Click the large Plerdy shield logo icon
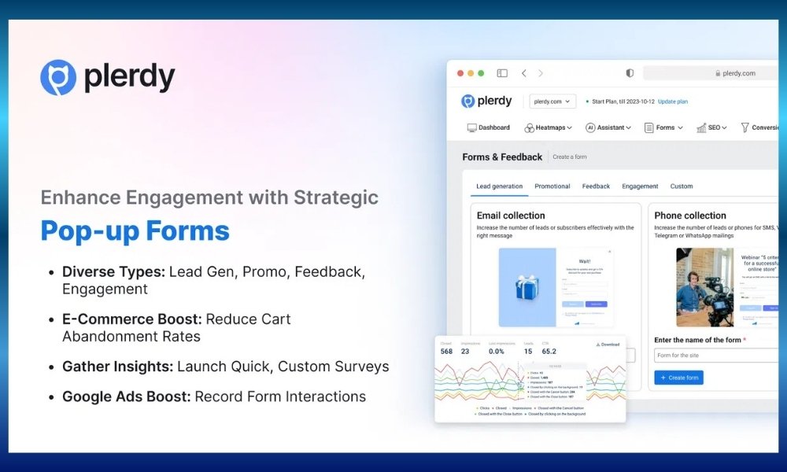(58, 78)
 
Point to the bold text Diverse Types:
(113, 271)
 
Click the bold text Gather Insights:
(117, 367)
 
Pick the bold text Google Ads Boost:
(126, 396)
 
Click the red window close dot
(460, 73)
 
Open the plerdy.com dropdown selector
(552, 101)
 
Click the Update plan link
(673, 101)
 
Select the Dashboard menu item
(489, 127)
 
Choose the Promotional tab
(552, 186)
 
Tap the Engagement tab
(640, 186)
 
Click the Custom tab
(682, 186)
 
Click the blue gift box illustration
(527, 287)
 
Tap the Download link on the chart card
(608, 344)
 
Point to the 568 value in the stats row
(446, 352)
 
